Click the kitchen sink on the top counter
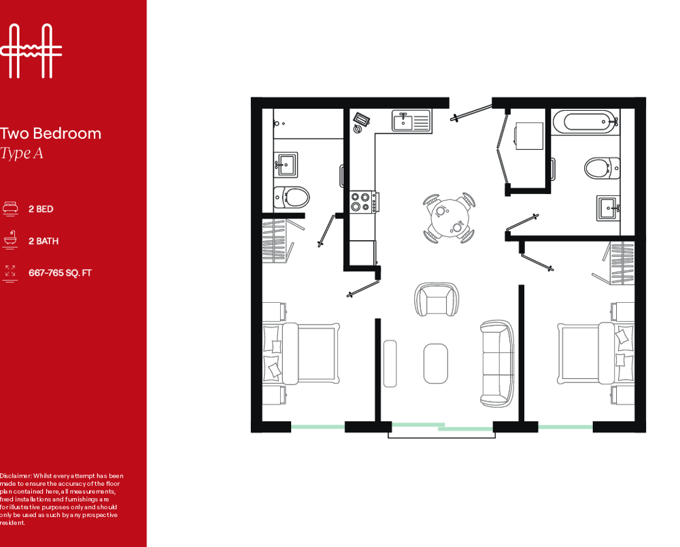pos(411,120)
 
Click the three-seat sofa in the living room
pos(497,363)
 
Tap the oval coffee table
pos(435,363)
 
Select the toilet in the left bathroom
pos(292,197)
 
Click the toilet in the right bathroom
pos(602,168)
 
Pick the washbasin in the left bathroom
pos(286,165)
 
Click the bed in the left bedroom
pos(301,354)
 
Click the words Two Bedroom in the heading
pos(51,133)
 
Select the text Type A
pos(22,153)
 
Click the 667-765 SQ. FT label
pos(60,273)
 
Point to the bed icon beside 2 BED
pos(10,208)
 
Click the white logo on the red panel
pos(31,51)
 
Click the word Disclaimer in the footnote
pos(16,476)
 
